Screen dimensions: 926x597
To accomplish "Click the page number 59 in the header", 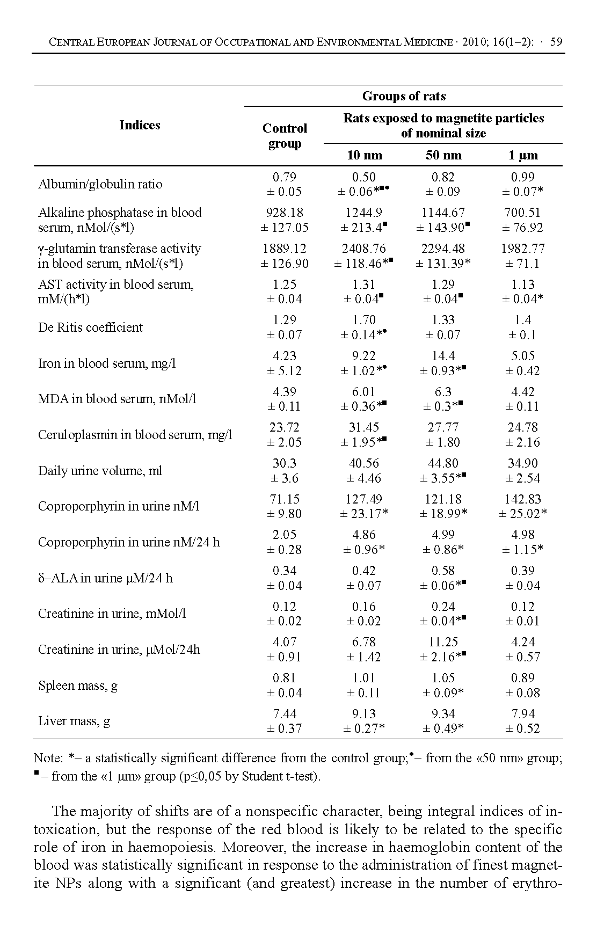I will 556,42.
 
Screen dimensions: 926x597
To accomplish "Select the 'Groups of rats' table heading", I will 404,96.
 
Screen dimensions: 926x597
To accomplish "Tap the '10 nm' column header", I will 364,155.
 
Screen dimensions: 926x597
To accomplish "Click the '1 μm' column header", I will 522,155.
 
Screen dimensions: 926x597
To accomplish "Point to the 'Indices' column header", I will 140,125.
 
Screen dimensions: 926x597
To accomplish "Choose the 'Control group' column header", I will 285,136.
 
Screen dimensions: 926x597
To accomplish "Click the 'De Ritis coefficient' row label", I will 90,327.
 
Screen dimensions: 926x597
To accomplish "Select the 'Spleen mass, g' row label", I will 78,686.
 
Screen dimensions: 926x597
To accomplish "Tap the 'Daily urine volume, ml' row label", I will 100,471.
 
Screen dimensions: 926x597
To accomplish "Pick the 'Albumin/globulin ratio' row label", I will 100,184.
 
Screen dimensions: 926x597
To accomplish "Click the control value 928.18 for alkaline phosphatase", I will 285,213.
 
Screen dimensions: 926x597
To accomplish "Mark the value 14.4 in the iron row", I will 443,356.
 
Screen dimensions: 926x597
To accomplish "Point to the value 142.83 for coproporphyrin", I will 522,499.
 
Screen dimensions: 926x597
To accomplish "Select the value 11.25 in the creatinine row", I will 443,642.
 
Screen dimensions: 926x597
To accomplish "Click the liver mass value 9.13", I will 364,714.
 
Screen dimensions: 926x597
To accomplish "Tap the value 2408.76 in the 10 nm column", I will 364,249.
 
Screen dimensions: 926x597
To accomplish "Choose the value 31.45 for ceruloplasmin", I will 364,427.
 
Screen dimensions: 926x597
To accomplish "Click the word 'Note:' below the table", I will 48,758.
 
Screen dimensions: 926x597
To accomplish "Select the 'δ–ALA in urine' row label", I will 105,578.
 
